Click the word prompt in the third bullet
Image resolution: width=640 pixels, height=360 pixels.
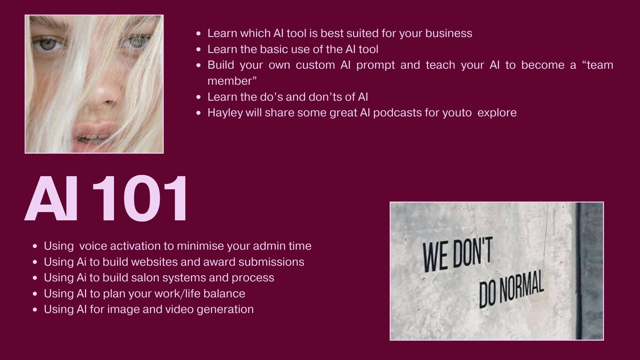point(375,65)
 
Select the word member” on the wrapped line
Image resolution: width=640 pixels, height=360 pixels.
point(232,81)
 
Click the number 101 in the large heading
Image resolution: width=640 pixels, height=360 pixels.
point(140,199)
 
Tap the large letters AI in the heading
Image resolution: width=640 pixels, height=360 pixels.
point(52,199)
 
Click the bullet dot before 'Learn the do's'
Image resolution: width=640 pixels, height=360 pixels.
point(199,97)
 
